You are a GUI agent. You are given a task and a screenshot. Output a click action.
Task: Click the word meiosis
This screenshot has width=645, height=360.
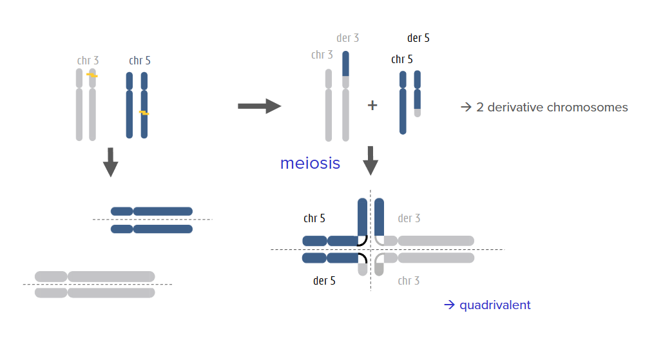(x=310, y=163)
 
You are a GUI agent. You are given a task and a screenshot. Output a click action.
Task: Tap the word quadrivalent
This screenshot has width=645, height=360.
(x=495, y=305)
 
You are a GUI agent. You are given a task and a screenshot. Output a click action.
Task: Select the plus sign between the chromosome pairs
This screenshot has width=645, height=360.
(x=372, y=105)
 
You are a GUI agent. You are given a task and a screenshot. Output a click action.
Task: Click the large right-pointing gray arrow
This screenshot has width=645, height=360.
(x=260, y=106)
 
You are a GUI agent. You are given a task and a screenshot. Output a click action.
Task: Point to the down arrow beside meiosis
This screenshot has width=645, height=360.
(x=371, y=160)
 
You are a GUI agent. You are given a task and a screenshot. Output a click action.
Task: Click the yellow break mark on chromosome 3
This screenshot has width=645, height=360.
(x=92, y=75)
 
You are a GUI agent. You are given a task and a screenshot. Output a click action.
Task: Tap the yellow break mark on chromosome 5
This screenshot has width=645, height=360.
(x=144, y=113)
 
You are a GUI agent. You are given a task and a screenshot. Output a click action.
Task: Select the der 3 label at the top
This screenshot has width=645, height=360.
(x=347, y=38)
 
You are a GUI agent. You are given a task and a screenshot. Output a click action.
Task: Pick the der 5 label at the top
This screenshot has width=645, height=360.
(x=418, y=38)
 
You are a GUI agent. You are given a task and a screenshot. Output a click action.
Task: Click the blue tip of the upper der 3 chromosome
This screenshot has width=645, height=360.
(x=345, y=63)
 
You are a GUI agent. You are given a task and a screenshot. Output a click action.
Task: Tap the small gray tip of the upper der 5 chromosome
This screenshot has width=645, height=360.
(x=418, y=113)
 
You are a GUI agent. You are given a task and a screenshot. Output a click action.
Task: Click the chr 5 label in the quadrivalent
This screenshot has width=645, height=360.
(x=314, y=218)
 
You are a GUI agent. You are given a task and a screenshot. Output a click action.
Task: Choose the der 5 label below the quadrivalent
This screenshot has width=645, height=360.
(x=324, y=281)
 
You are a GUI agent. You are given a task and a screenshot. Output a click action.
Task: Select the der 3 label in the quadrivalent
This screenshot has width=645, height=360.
(x=409, y=218)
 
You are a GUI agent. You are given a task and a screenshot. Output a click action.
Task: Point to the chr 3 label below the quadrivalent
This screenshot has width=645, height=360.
(x=409, y=281)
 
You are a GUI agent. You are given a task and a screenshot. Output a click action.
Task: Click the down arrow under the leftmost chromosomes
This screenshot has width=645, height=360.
(x=110, y=162)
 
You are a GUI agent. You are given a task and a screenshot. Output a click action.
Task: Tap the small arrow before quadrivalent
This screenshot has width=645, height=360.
(x=449, y=305)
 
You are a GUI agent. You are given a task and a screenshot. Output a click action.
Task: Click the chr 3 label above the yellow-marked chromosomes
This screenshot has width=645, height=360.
(x=88, y=61)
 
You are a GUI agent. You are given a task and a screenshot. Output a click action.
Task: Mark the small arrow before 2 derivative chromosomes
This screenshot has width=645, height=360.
(x=466, y=108)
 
